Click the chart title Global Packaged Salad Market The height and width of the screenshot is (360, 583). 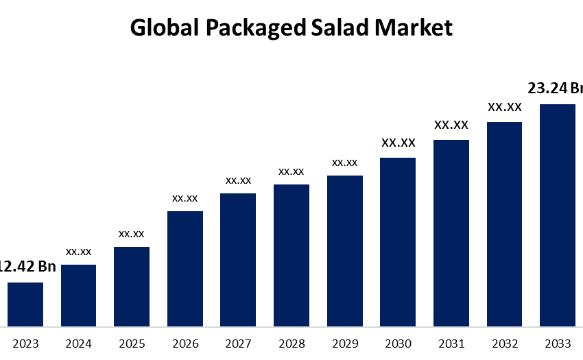click(291, 27)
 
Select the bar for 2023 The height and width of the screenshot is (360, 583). click(25, 304)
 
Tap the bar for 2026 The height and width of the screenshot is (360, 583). click(185, 268)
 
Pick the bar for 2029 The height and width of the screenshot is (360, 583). click(345, 250)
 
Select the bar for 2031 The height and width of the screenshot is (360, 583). click(451, 232)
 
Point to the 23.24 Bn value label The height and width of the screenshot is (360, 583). click(555, 88)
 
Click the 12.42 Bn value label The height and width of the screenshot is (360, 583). click(27, 267)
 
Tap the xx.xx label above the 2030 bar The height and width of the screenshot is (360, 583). click(398, 143)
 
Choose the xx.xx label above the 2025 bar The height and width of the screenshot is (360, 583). click(132, 234)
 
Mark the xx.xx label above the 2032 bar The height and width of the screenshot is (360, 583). click(505, 107)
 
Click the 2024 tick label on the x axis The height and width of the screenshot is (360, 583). click(79, 344)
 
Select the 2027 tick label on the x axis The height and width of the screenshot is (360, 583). click(239, 344)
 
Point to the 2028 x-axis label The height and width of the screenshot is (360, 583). click(291, 344)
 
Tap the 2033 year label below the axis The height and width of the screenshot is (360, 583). click(558, 344)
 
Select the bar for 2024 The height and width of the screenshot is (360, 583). click(79, 295)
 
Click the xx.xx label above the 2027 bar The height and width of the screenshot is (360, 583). click(239, 180)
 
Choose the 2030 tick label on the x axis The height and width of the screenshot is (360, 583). click(398, 344)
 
